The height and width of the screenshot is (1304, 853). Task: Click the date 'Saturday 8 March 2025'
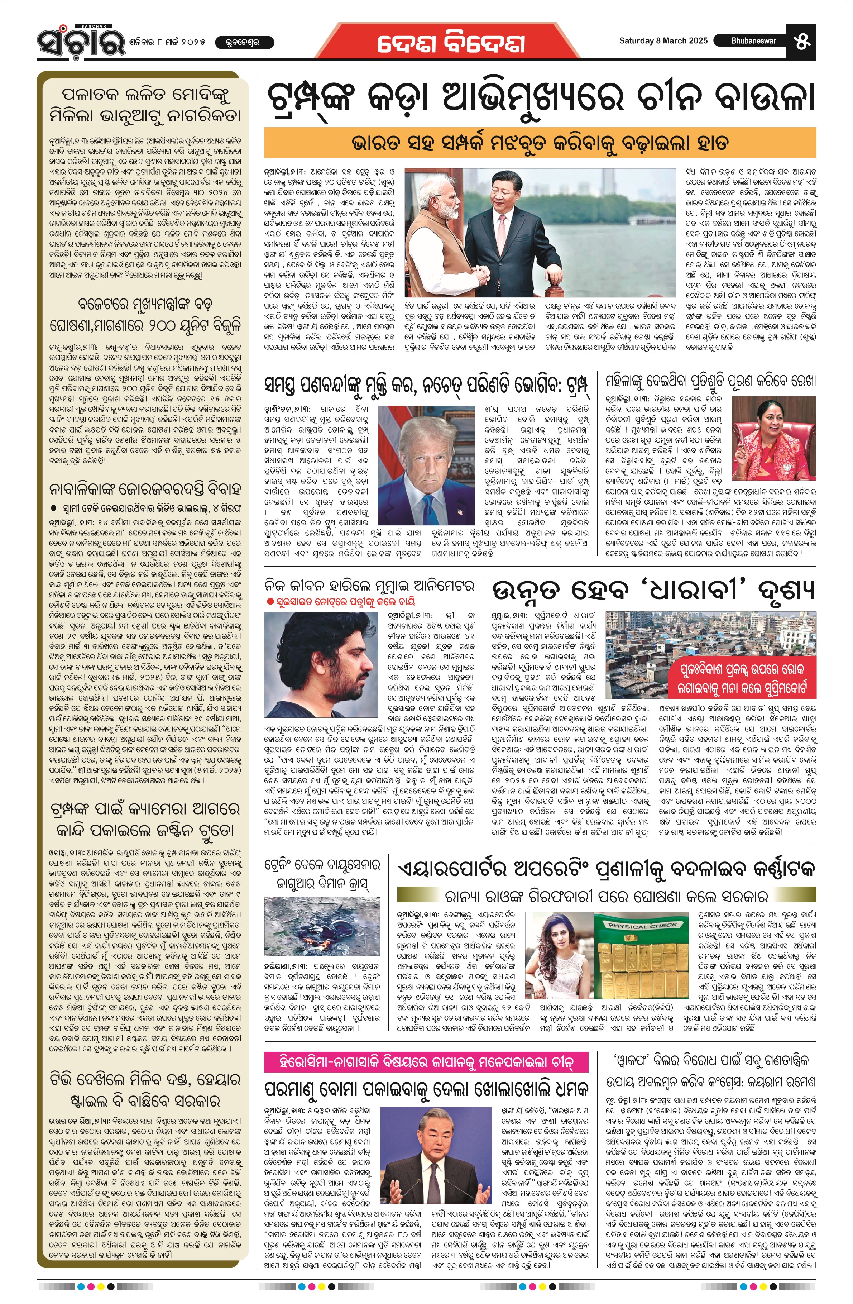(663, 40)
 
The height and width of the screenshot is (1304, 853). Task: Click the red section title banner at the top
(450, 44)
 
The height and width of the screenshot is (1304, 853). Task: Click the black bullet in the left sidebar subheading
(53, 508)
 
